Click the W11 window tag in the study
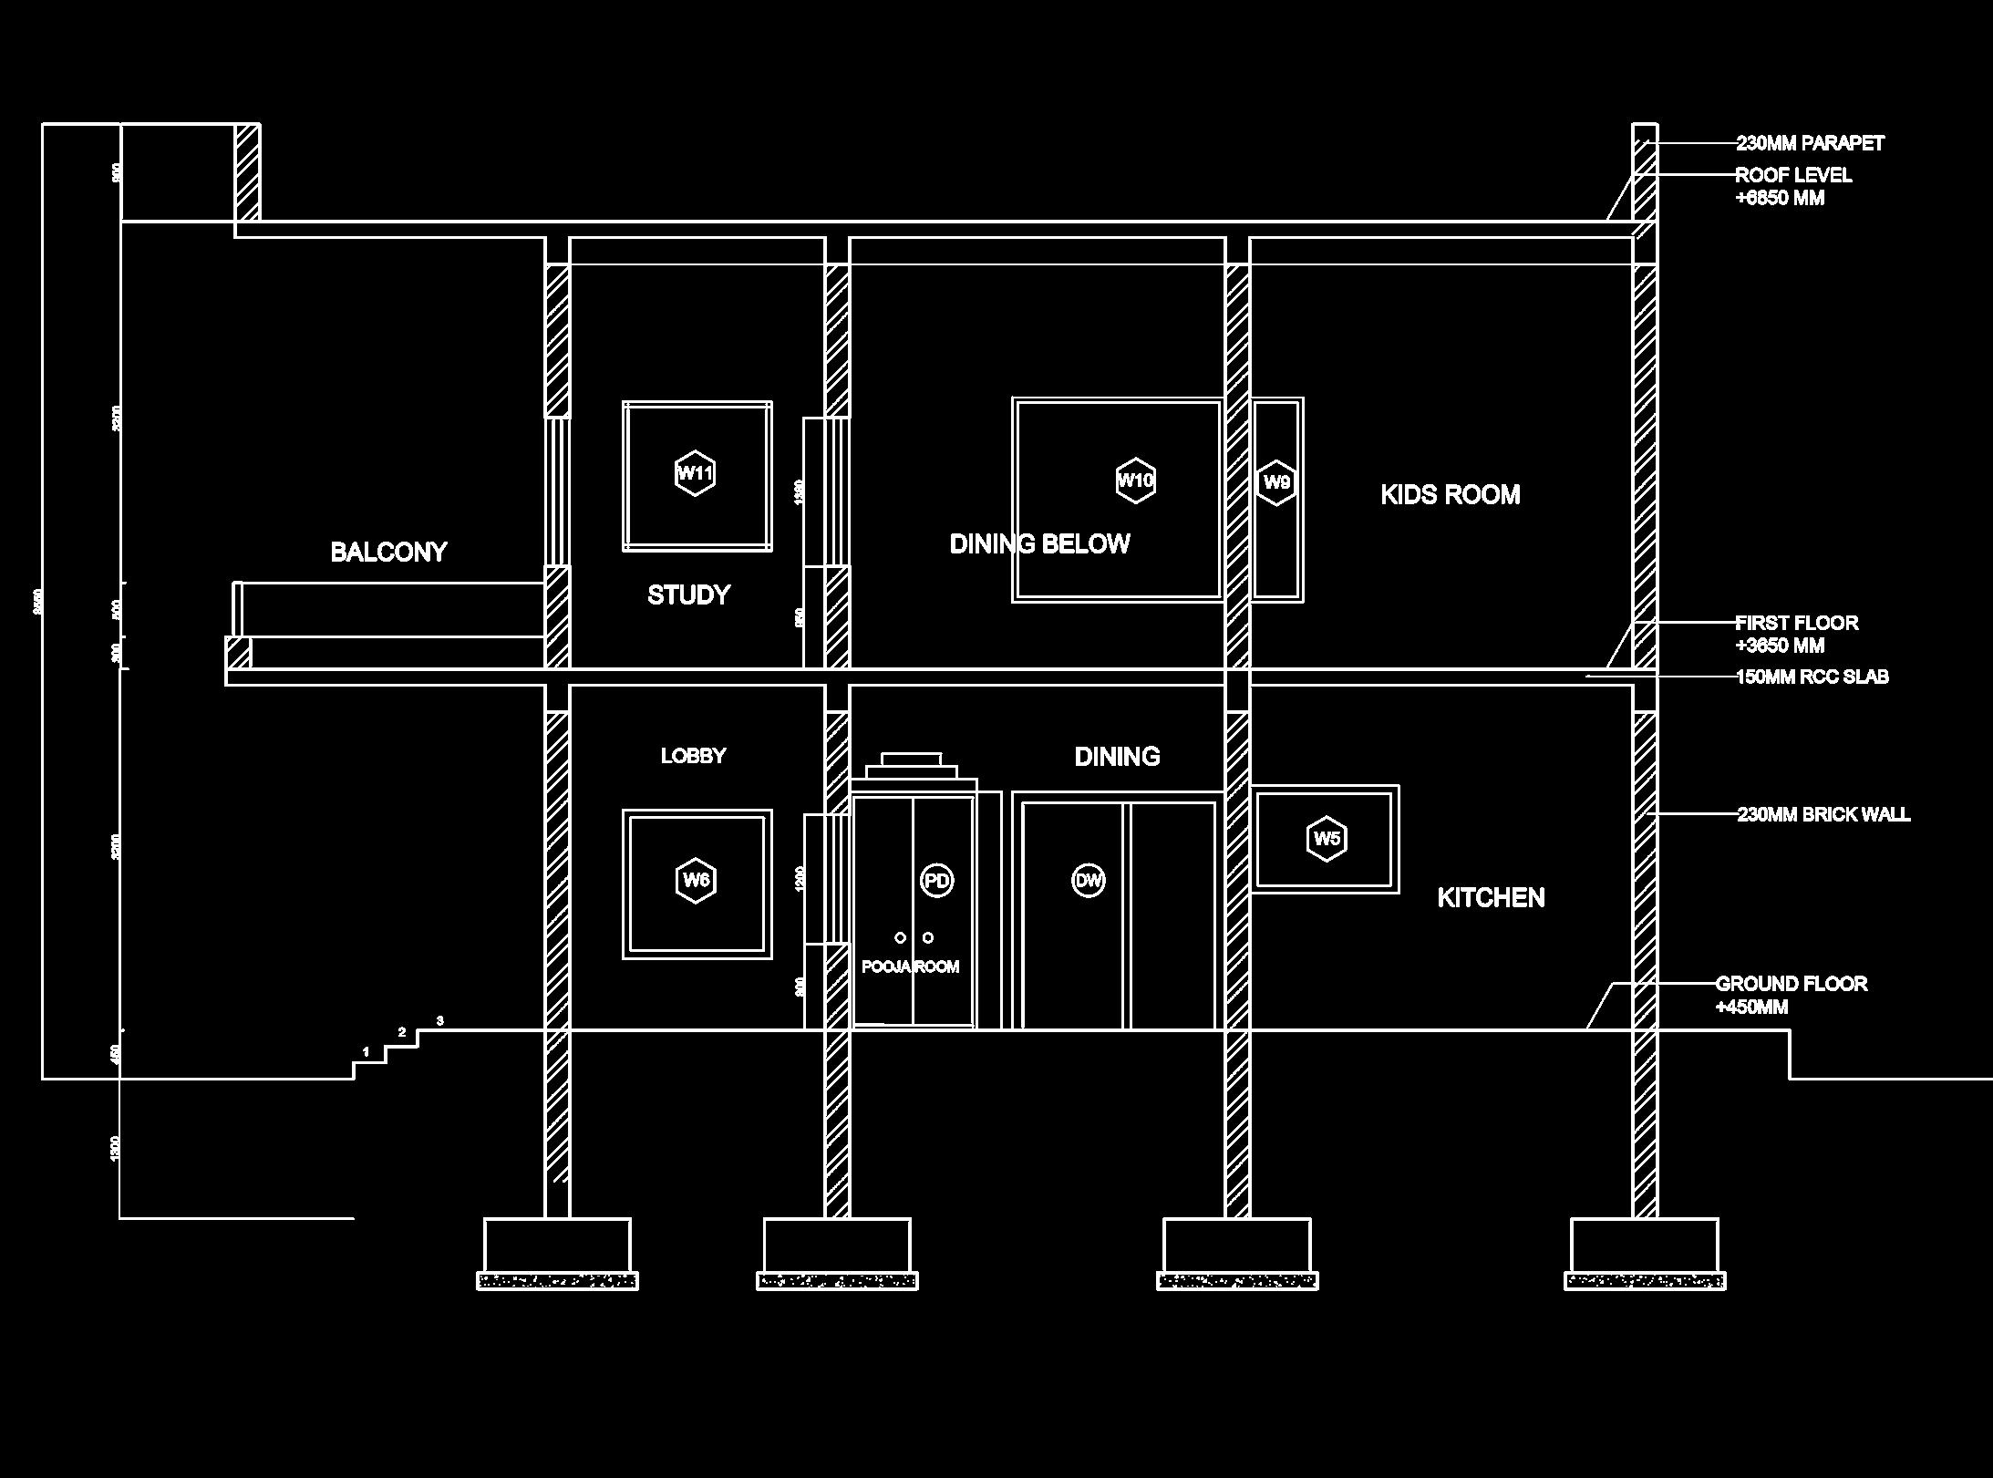695,473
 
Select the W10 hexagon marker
1135,480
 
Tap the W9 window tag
1276,482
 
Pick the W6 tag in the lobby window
696,880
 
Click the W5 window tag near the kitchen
1327,838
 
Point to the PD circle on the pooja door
936,880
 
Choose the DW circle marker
1088,880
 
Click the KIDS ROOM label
1450,495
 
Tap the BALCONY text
388,552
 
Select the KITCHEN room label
1491,898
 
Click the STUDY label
688,595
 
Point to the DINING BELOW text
1039,544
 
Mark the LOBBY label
693,756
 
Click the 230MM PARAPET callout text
1810,143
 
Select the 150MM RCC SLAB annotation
1812,677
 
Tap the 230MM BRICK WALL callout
1823,814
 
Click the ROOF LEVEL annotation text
1792,176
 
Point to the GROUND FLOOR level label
1791,984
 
